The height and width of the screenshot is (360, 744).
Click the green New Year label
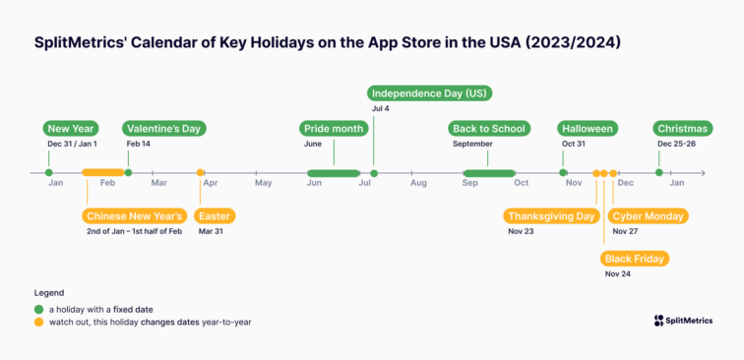tap(71, 129)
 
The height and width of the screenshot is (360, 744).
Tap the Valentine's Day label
tap(163, 129)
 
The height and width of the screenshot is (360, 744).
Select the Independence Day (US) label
tap(430, 93)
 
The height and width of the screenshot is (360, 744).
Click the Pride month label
tap(334, 129)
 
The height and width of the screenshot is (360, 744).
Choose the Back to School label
tap(489, 129)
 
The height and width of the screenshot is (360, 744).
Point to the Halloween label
tap(588, 129)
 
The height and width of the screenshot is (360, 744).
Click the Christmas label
tap(682, 129)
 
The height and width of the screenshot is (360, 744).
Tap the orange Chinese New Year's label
tap(133, 216)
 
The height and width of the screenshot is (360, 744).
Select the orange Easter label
tap(215, 216)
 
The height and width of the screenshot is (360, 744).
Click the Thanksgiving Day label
tap(552, 216)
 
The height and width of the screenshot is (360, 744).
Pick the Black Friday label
tap(635, 259)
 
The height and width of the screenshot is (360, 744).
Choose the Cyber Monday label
tap(649, 216)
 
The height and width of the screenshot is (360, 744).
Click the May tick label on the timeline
tap(263, 184)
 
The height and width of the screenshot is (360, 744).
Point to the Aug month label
tap(418, 184)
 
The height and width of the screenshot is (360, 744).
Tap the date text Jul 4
tap(381, 108)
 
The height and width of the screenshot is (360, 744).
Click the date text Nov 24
tap(618, 274)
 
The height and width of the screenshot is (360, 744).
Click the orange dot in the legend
tap(38, 322)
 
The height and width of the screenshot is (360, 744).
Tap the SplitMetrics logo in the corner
tap(684, 320)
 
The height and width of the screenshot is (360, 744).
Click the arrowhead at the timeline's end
tap(703, 173)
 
